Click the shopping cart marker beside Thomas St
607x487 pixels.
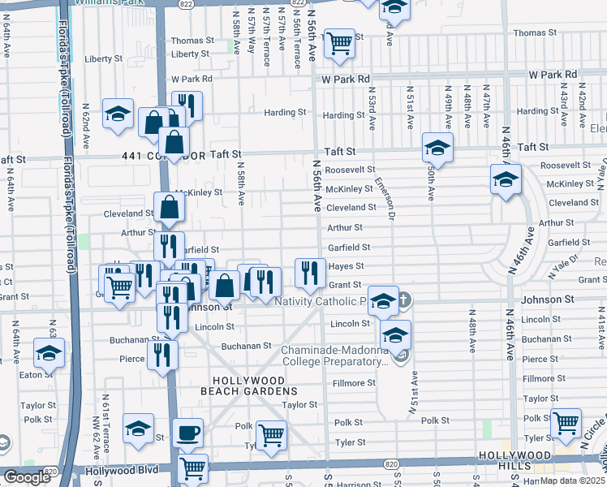339,43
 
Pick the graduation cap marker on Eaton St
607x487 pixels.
50,354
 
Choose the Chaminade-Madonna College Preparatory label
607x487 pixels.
334,356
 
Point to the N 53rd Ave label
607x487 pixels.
372,110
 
